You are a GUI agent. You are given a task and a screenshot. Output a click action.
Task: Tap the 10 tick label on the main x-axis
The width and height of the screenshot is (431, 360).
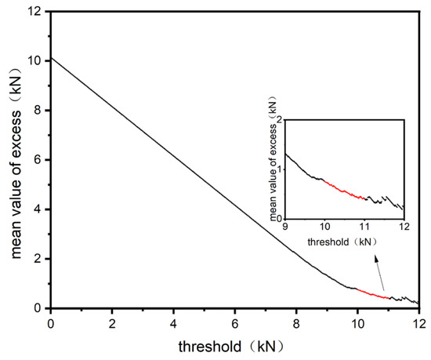(357, 322)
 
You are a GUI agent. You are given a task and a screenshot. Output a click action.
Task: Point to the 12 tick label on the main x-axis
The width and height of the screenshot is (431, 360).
(418, 322)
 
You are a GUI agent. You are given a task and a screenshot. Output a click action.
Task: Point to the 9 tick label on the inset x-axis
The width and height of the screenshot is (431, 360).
(285, 227)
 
